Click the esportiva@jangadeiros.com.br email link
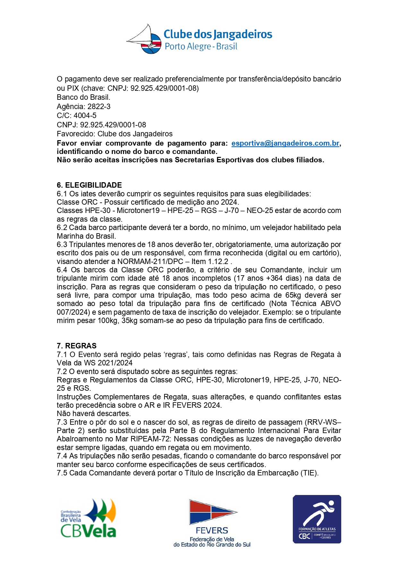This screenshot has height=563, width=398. point(285,143)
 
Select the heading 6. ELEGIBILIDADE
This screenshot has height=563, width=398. point(89,185)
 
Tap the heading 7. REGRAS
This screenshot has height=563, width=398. point(76,346)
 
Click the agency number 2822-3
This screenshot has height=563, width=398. point(99,107)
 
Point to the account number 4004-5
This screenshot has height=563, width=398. point(85,115)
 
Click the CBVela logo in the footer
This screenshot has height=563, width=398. point(88,518)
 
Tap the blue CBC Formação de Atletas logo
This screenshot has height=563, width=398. point(317,519)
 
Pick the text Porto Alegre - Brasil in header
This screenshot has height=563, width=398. point(201,47)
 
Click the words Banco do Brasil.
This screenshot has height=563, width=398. point(83,97)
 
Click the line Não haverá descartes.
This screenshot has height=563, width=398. point(94,414)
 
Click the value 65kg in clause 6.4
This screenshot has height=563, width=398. point(294,295)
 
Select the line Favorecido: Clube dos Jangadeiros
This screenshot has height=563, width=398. point(114,134)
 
